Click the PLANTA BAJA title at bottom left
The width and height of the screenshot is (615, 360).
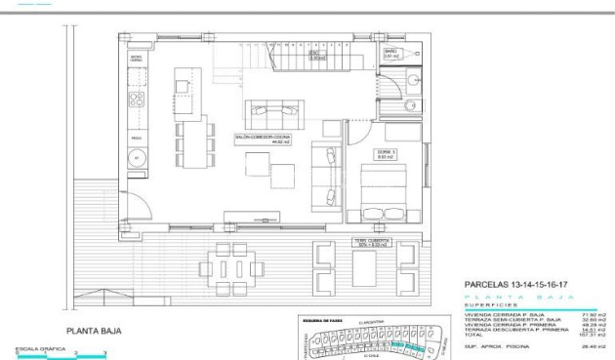point(95,331)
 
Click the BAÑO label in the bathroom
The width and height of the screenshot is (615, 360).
point(390,53)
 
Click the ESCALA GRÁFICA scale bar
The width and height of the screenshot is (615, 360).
point(59,353)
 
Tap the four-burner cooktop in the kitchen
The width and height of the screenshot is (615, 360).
point(138,100)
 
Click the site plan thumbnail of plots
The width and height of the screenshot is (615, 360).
point(369,337)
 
